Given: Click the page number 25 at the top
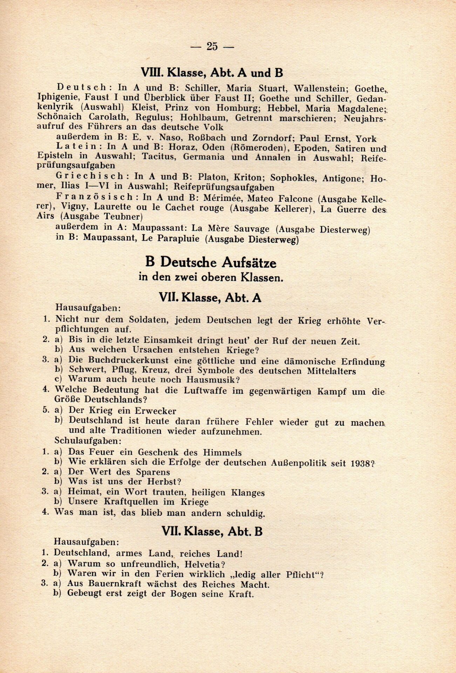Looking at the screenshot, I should (212, 46).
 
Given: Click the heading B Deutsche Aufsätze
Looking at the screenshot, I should (211, 262).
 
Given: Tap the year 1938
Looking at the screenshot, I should (361, 463).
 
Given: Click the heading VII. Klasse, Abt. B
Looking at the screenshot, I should (212, 531).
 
